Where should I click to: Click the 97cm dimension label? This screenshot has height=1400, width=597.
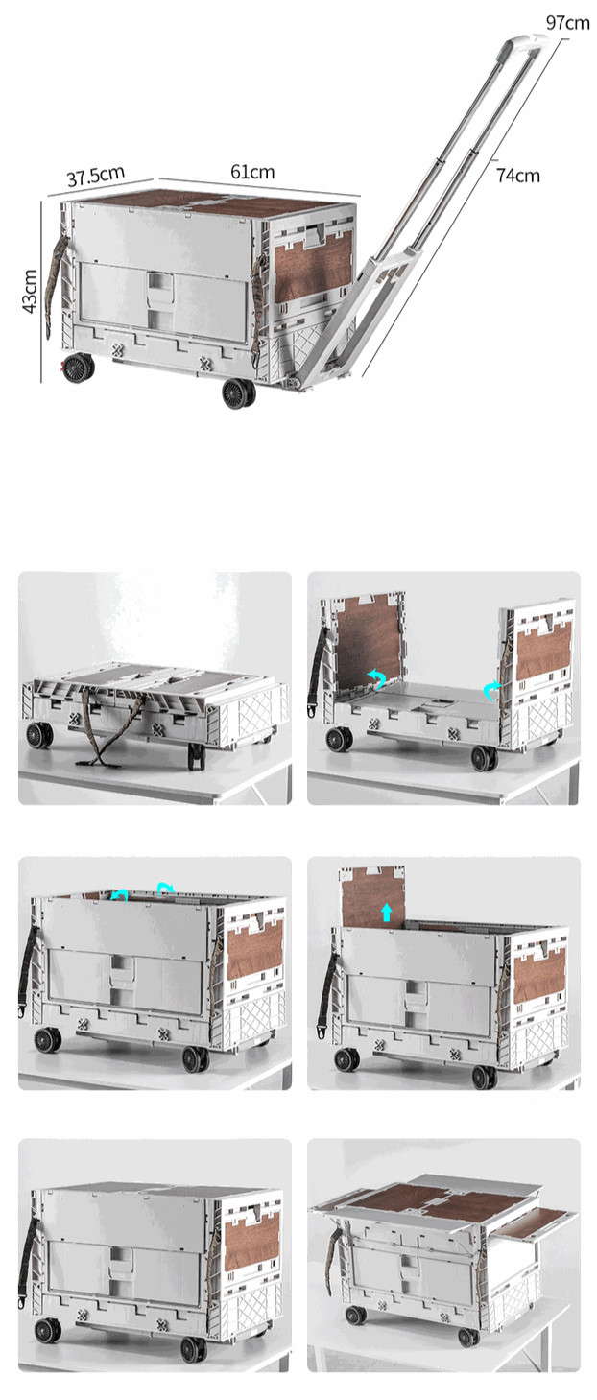click(567, 23)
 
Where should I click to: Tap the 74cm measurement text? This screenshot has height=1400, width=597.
click(518, 176)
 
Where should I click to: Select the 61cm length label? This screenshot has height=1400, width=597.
click(252, 172)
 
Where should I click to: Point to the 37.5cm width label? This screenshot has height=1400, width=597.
click(96, 176)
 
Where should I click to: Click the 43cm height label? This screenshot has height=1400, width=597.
click(30, 292)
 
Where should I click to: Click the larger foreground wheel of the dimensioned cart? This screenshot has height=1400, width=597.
click(239, 393)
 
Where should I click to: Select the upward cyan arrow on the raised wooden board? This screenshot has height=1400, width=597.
click(387, 913)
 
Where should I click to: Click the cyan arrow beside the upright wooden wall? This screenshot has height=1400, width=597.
click(376, 677)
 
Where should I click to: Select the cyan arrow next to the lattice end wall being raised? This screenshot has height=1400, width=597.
click(492, 689)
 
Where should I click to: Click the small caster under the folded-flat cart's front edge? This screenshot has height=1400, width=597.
click(196, 756)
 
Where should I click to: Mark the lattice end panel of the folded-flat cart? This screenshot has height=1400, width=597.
click(253, 713)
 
